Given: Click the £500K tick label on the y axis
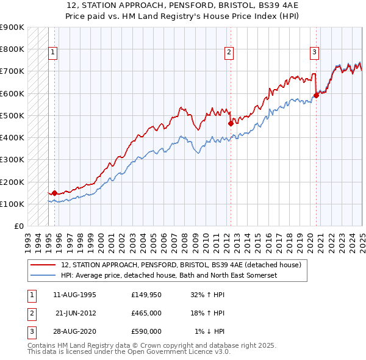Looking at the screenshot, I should point(12,115).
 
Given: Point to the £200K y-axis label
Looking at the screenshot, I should point(12,182).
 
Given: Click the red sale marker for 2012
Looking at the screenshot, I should point(231,123).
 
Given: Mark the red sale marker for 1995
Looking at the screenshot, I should point(54,193).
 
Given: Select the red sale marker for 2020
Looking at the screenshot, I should point(317,95).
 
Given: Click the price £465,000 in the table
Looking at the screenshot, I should point(146,313).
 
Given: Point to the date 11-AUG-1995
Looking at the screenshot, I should point(75,295).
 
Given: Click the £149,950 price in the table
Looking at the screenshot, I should point(146,295).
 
